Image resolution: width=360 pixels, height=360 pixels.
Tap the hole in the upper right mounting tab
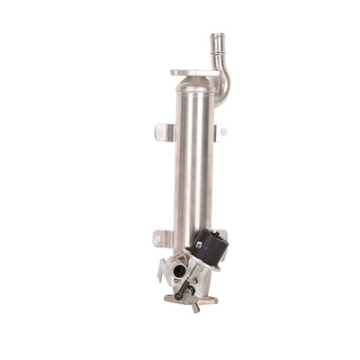[x=223, y=131]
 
